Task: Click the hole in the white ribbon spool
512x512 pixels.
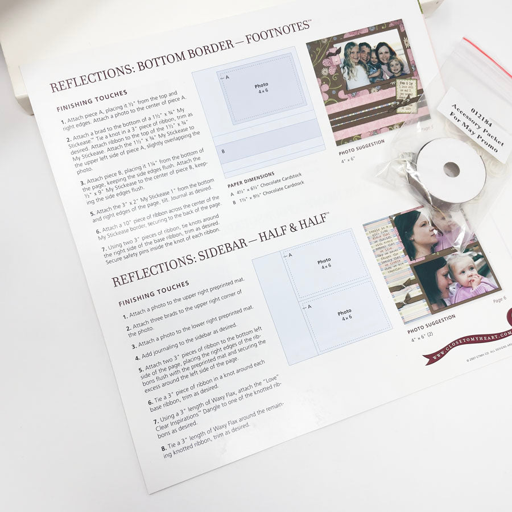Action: click(451, 169)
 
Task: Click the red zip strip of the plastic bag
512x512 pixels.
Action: click(487, 57)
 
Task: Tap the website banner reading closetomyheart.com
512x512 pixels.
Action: click(469, 344)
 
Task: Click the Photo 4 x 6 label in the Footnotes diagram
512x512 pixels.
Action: click(262, 88)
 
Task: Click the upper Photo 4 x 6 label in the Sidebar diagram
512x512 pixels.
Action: click(324, 264)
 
